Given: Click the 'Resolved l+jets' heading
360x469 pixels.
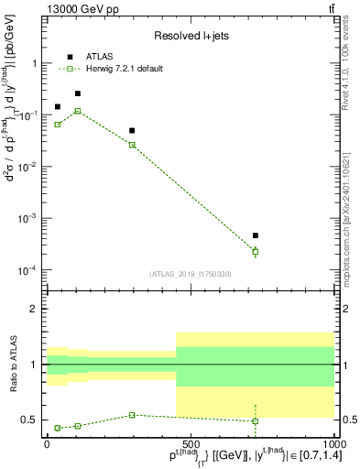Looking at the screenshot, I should [190, 36].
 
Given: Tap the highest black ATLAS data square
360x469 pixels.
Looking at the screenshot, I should [78, 93].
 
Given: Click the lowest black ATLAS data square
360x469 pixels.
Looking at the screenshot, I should [256, 235].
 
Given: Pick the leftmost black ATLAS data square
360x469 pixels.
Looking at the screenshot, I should [58, 107].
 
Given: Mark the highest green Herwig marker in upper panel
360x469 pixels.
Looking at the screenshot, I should [78, 111].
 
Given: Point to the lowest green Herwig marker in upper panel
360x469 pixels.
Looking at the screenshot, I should [256, 251].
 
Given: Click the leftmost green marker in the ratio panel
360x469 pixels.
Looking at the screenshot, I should [58, 428].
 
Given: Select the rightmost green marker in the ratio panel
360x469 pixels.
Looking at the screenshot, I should [256, 421].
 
